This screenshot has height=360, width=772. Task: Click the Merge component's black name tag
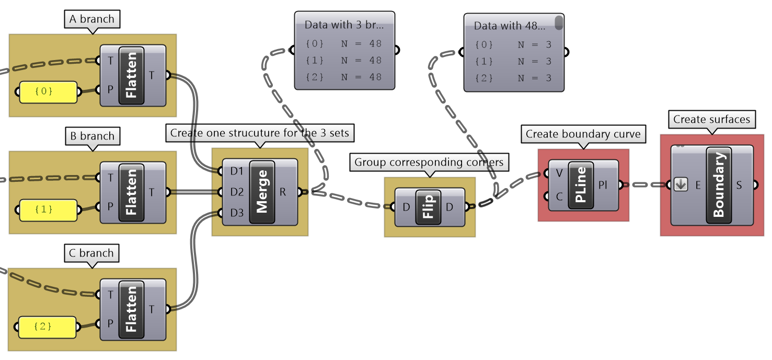tap(262, 192)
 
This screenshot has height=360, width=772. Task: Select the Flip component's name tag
tap(428, 207)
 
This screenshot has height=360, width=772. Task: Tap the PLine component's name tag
tap(580, 185)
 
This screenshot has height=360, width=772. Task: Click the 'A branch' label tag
tap(91, 19)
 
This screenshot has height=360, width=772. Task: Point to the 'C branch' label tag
tap(91, 253)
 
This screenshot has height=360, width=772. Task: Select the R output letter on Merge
tap(283, 192)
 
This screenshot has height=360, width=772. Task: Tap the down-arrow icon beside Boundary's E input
tap(681, 184)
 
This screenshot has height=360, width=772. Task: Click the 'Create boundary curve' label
tap(583, 134)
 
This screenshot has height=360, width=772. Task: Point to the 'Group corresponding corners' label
tap(429, 162)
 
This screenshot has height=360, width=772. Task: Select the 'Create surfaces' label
tap(711, 120)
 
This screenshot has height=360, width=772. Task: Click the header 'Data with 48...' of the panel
tap(509, 26)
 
